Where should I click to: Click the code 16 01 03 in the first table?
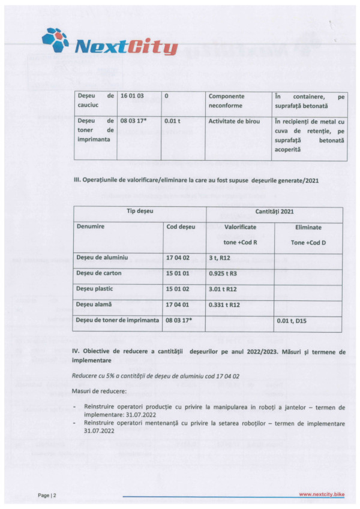(133, 96)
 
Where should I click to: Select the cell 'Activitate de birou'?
(234, 122)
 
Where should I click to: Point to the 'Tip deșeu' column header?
(139, 212)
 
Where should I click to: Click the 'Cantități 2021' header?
(274, 212)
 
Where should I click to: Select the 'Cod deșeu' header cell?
(181, 228)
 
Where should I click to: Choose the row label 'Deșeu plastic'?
(95, 289)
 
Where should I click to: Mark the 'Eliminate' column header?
(308, 228)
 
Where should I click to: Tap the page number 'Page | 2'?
(47, 495)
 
